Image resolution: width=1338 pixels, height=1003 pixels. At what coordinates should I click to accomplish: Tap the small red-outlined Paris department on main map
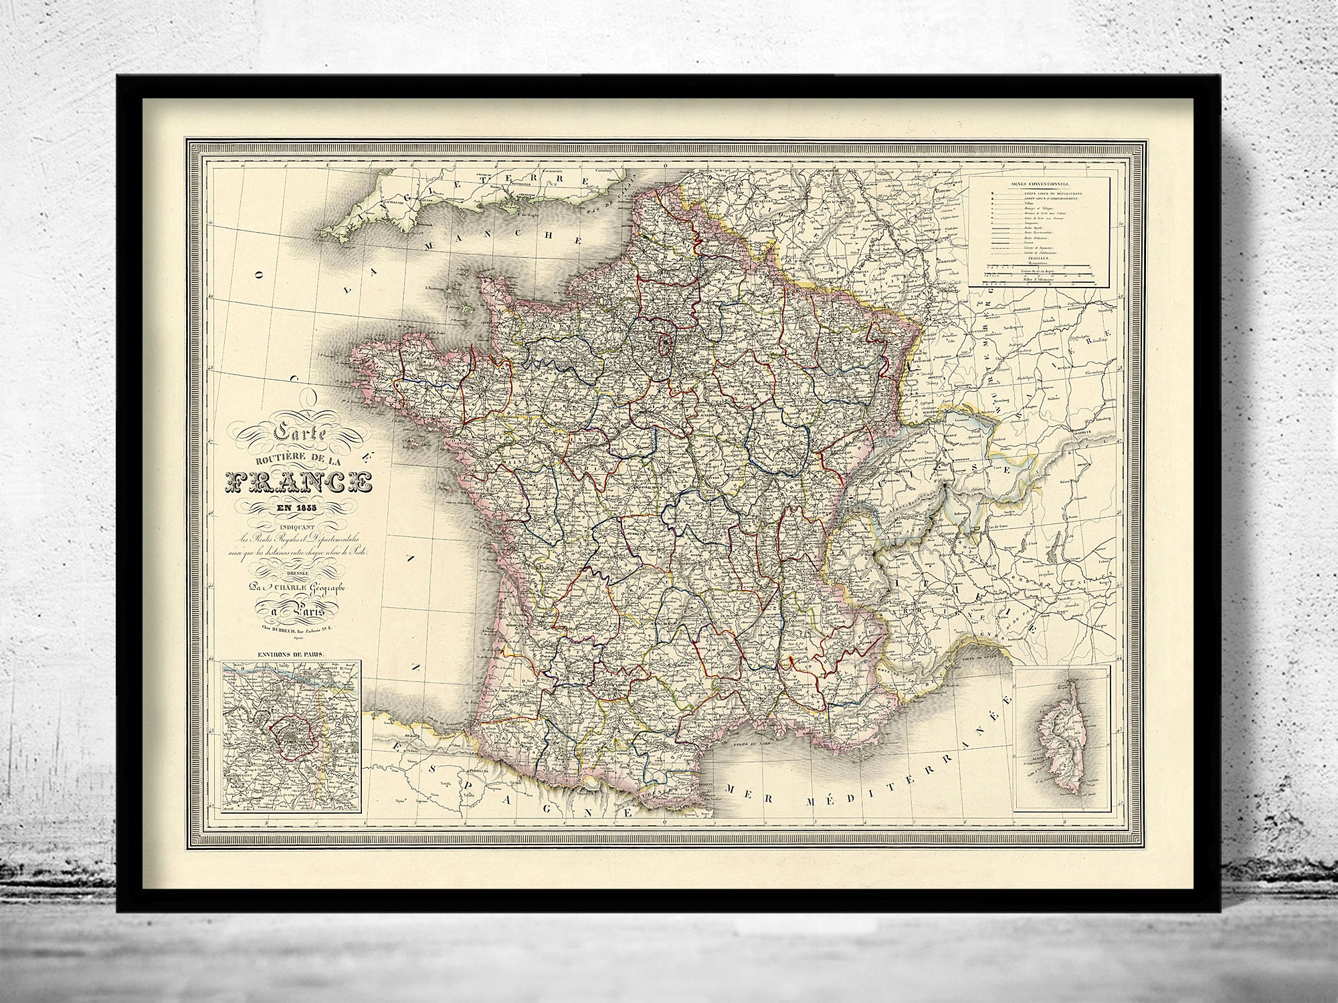pos(666,345)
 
